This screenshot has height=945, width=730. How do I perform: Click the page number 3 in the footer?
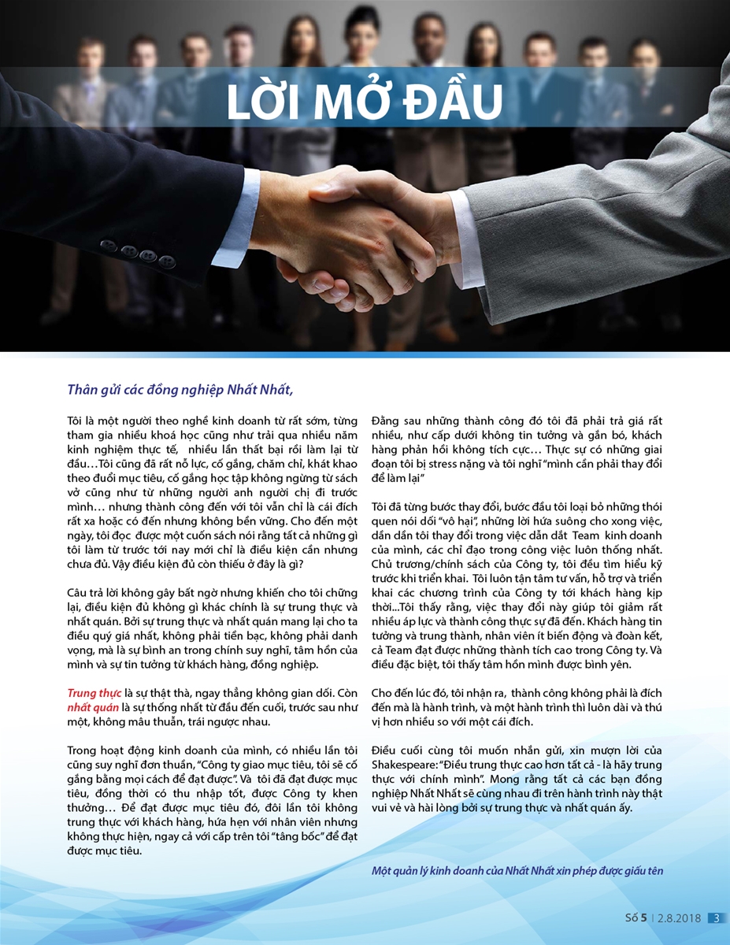pyautogui.click(x=717, y=917)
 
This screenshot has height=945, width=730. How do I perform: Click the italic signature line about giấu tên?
pyautogui.click(x=517, y=871)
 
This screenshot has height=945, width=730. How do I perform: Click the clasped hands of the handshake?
pyautogui.click(x=346, y=236)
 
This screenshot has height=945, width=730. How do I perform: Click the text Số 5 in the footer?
pyautogui.click(x=636, y=917)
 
